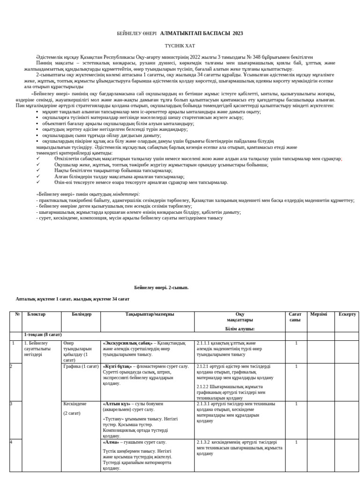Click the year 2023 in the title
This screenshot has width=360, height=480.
(238, 34)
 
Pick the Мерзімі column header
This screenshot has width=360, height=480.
(318, 314)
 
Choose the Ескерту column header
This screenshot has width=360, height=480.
(347, 314)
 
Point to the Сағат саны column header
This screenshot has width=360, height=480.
(295, 317)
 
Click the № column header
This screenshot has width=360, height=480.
(17, 314)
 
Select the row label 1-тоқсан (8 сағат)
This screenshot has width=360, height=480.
(43, 335)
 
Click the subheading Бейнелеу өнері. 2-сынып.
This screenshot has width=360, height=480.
(161, 288)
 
